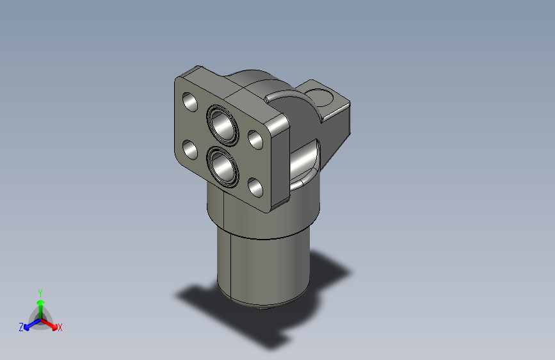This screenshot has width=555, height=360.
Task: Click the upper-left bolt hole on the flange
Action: (190, 101)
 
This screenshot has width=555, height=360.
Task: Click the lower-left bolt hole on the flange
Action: (190, 151)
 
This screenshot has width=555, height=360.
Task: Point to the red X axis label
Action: (60, 327)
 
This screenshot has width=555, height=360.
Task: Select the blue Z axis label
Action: (21, 327)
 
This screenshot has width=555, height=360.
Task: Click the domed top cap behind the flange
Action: (253, 80)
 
